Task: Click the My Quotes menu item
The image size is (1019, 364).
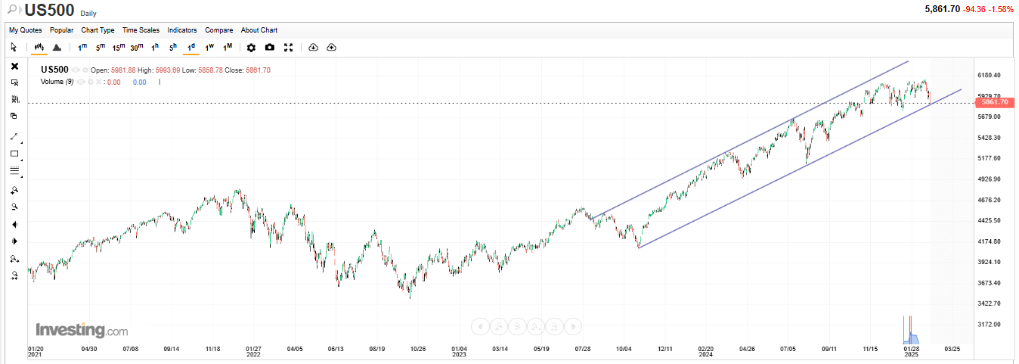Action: [25, 30]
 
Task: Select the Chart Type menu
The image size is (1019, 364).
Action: [98, 30]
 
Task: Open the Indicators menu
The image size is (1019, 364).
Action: [181, 30]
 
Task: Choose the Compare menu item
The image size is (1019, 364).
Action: [218, 30]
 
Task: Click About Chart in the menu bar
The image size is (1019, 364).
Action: [259, 30]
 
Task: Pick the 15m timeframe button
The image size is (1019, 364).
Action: [119, 48]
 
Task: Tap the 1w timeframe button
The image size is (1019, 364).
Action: [209, 48]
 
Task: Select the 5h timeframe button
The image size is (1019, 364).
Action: [173, 48]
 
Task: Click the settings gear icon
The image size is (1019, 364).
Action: [251, 48]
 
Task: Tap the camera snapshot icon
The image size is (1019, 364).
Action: [270, 48]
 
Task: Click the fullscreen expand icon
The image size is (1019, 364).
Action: [288, 48]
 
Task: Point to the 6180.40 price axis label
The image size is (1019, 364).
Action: [990, 76]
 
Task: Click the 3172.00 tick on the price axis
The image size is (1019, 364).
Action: [990, 324]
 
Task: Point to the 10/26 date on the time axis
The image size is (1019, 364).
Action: [417, 349]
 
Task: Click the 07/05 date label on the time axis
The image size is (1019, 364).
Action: [788, 349]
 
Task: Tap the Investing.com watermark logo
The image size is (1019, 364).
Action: [82, 331]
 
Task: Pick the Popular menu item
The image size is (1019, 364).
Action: [61, 30]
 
